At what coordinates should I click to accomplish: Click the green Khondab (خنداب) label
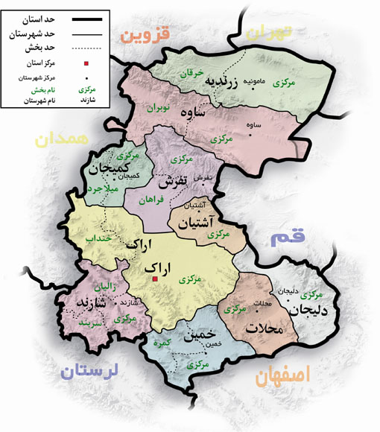(x=101, y=239)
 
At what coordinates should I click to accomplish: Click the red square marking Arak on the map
(x=154, y=279)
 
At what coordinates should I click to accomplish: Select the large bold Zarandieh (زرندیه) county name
(x=224, y=81)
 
